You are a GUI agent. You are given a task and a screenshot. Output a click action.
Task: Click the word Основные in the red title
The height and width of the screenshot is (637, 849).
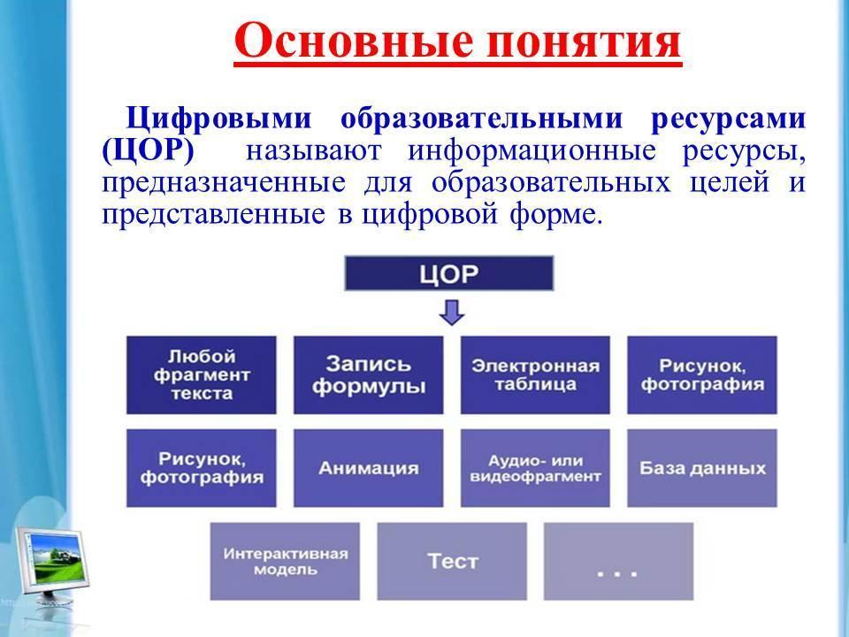[x=353, y=42]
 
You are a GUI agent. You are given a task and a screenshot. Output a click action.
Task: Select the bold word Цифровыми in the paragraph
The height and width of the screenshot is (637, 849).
[x=219, y=119]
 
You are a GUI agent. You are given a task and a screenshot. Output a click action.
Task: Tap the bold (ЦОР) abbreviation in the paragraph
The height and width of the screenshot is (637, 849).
[x=148, y=151]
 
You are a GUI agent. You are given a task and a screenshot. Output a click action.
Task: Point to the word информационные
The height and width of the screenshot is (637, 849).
[x=532, y=151]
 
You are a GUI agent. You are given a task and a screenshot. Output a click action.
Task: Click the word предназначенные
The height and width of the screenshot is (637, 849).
[x=224, y=182]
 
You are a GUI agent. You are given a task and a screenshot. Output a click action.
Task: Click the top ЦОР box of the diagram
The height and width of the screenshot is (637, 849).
[x=449, y=273]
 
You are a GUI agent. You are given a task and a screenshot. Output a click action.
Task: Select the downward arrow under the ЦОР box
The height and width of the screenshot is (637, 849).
[x=452, y=312]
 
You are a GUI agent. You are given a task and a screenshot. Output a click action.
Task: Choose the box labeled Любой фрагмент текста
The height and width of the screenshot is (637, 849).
[x=202, y=375]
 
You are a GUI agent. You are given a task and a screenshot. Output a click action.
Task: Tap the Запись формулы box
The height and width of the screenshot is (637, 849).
[x=368, y=375]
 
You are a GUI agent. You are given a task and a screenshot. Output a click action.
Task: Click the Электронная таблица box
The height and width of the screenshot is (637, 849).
[x=536, y=375]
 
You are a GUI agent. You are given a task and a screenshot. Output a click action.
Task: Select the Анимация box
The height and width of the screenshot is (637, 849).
[x=368, y=468]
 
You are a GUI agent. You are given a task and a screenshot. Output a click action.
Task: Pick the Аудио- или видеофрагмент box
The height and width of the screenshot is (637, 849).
[x=536, y=468]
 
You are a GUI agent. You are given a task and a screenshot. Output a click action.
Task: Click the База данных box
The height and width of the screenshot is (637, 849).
[x=702, y=468]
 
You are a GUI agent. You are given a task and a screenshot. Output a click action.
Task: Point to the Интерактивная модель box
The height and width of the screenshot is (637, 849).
[x=285, y=561]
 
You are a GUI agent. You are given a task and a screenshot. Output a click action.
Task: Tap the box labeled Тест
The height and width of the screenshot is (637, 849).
[x=452, y=561]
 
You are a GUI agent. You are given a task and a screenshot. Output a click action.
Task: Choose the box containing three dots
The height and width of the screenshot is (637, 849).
[x=619, y=561]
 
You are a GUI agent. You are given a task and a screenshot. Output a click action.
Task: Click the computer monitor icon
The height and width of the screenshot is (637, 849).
[x=51, y=569]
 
